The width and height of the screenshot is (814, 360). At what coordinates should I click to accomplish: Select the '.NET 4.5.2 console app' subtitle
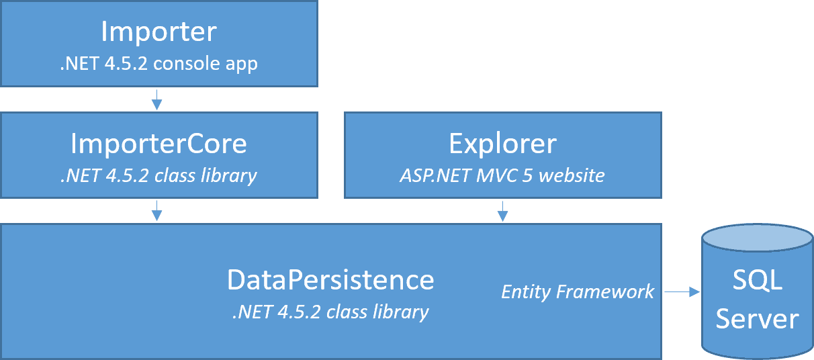[159, 64]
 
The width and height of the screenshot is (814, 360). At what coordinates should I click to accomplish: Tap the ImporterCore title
[159, 144]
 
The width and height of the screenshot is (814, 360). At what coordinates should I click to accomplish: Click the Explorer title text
[502, 144]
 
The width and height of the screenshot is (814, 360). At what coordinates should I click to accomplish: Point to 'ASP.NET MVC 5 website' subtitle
[502, 176]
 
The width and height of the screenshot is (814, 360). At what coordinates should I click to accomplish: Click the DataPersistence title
[330, 279]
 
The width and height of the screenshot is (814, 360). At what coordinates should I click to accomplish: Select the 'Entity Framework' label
[578, 291]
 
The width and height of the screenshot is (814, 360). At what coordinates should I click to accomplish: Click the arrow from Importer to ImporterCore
[156, 99]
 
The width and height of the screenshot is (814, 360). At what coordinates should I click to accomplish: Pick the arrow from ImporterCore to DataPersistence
[156, 211]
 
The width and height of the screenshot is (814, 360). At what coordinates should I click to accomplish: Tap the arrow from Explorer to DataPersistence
[502, 211]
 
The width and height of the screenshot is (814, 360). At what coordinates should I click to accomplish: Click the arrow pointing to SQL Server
[682, 291]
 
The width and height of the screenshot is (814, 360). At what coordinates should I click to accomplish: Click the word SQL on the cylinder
[758, 280]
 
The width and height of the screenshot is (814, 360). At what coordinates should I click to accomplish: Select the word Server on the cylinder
[758, 319]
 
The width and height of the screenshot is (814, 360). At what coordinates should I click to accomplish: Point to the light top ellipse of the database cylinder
[758, 238]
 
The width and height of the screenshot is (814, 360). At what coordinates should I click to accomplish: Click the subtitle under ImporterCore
[159, 176]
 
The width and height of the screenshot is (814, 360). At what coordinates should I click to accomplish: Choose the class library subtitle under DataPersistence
[330, 312]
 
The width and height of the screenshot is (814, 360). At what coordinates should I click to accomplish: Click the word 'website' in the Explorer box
[572, 176]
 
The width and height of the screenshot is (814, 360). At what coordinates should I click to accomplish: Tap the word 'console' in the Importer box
[187, 64]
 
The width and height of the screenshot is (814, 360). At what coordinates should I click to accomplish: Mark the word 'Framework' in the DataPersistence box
[605, 291]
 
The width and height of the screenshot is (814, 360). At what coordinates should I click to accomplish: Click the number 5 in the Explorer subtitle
[527, 176]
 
